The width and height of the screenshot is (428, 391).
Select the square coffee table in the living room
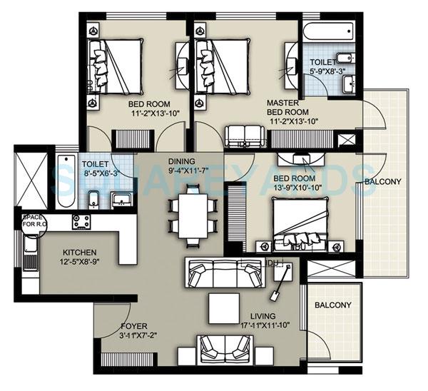pos(223,308)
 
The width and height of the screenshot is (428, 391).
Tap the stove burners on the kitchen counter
pos(81,222)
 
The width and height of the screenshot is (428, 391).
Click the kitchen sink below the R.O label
pos(31,246)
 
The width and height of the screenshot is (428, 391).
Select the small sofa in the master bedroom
pos(243,134)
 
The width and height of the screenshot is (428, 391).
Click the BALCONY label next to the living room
pos(334,305)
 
